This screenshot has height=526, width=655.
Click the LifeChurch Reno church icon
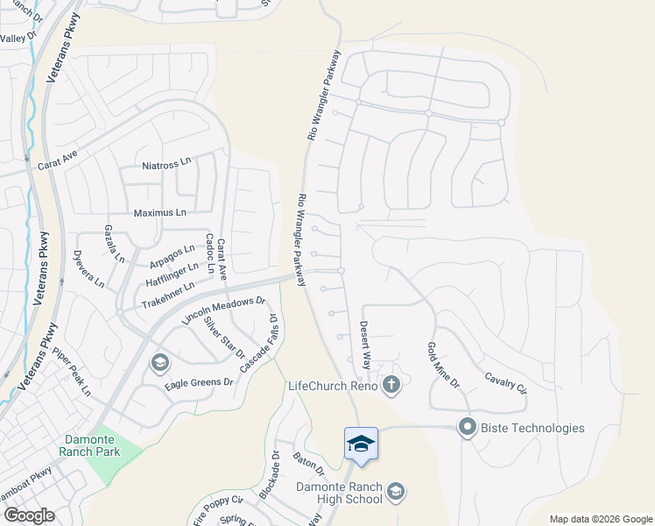[391, 385]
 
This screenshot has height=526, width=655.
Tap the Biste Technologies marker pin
[467, 428]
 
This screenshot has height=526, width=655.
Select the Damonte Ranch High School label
[339, 493]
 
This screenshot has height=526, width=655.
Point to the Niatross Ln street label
[166, 164]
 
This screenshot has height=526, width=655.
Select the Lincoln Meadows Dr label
[223, 311]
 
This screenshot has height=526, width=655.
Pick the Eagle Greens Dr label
[200, 383]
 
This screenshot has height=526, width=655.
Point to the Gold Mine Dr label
[442, 366]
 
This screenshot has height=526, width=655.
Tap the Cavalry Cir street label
[506, 382]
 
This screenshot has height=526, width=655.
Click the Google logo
[29, 515]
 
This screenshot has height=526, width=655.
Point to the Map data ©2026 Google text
[600, 519]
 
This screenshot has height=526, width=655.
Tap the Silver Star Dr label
[224, 338]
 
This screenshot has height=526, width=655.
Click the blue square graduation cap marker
[361, 444]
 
